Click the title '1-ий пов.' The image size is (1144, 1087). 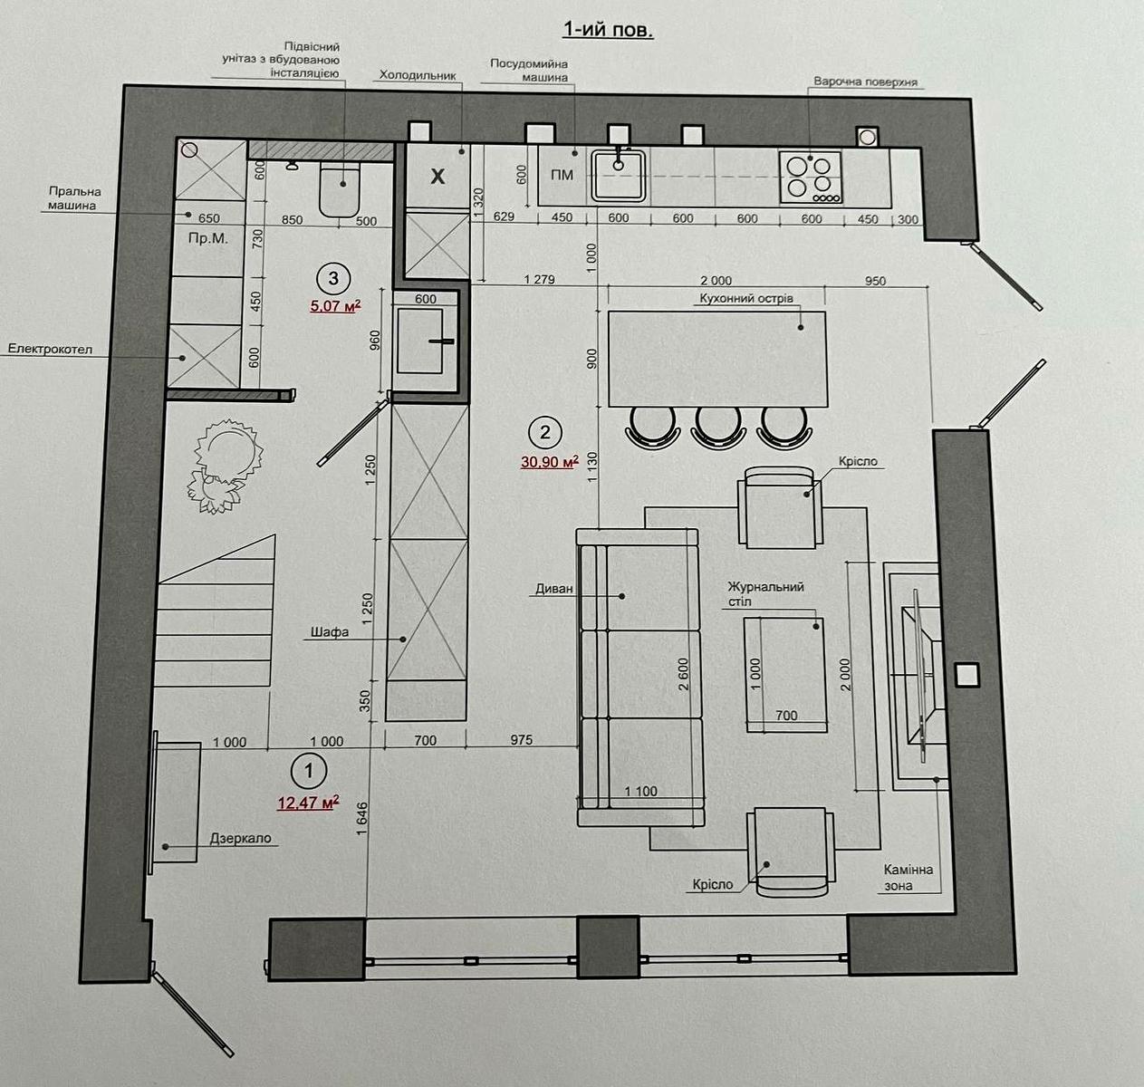(608, 30)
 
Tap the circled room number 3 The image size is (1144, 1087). (333, 279)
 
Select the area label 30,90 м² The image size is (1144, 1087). (550, 462)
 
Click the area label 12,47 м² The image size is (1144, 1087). (308, 803)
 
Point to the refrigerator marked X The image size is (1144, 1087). (437, 176)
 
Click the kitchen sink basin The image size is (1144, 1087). (619, 175)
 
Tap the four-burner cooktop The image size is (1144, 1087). (812, 178)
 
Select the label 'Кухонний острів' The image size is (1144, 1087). (746, 299)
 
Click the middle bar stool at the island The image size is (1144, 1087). (718, 428)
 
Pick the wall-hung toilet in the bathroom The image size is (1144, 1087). (339, 188)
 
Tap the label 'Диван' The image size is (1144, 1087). (554, 588)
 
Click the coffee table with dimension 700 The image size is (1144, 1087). (785, 674)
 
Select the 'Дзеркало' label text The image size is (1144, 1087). (240, 838)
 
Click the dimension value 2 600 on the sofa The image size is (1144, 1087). (683, 674)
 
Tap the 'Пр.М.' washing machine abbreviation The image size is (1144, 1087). (207, 238)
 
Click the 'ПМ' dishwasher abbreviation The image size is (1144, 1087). (562, 175)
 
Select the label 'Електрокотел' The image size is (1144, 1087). (50, 349)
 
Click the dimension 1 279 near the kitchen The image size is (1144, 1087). (540, 279)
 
